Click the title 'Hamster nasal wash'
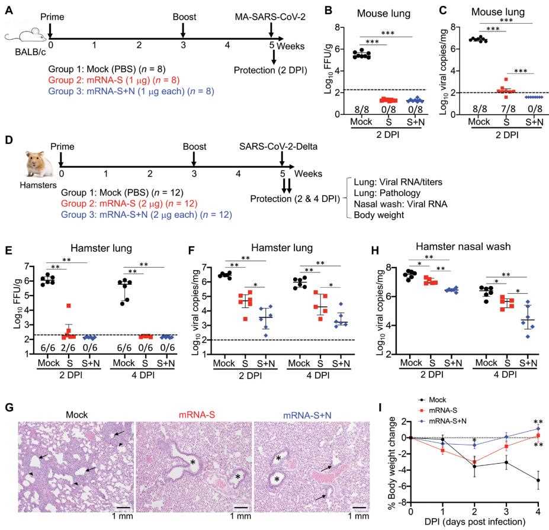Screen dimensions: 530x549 [x=464, y=252]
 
